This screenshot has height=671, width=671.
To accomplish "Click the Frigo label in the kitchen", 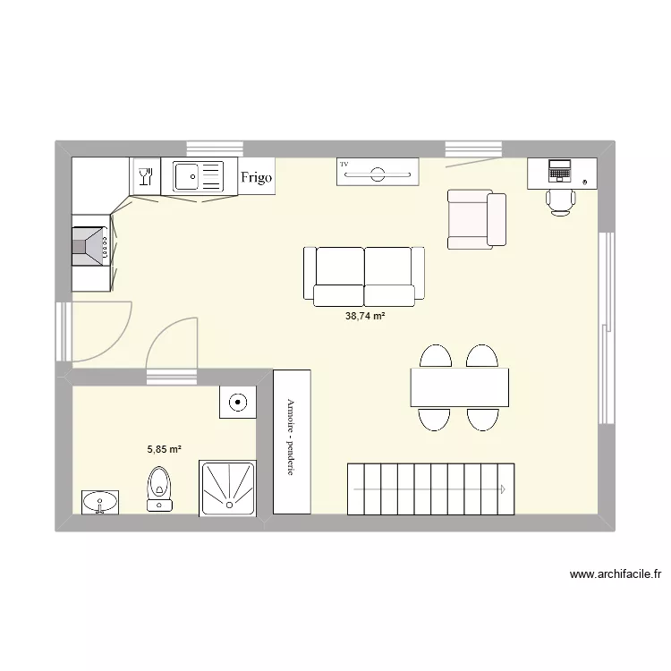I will click(x=256, y=177).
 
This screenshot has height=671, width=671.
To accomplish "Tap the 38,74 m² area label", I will click(x=365, y=316).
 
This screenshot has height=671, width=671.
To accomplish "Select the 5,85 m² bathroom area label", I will click(x=165, y=451).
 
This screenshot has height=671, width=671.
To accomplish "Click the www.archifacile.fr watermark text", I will click(x=614, y=574).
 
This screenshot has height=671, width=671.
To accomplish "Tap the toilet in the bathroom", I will click(x=160, y=488).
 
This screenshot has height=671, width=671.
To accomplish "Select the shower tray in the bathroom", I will click(x=227, y=488).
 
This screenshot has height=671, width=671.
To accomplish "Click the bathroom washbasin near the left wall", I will click(x=99, y=502).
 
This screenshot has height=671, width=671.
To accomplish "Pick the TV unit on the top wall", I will click(x=378, y=172).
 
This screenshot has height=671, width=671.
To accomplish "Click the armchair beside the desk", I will click(x=476, y=219).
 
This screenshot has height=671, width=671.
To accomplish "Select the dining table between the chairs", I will click(x=460, y=387).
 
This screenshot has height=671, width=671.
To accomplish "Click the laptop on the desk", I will click(x=560, y=169).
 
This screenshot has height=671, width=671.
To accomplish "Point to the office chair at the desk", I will click(x=561, y=200).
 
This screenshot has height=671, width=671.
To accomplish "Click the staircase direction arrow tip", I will click(x=505, y=489).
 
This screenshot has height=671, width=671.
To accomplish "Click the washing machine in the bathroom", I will click(x=237, y=402).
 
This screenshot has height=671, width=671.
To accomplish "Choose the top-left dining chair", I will click(x=436, y=357).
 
